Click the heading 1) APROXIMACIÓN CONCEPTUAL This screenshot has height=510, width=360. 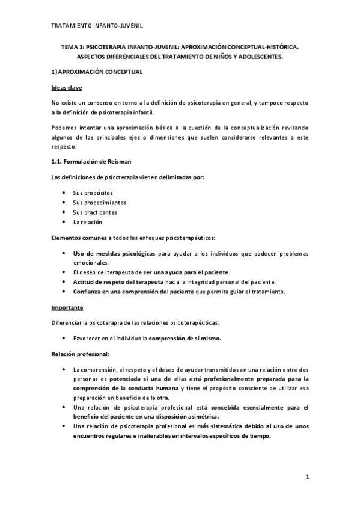tap(96, 72)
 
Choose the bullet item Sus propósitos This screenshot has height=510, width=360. tap(93, 192)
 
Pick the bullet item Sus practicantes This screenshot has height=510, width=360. tap(95, 212)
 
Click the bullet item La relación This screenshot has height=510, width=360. tap(87, 222)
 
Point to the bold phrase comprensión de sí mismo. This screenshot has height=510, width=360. tap(185, 338)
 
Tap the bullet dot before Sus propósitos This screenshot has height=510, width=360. tap(64, 192)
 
